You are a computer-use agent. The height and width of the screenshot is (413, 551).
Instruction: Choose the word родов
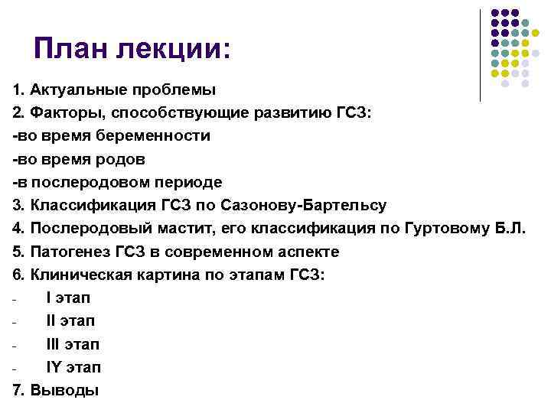[124, 159]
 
